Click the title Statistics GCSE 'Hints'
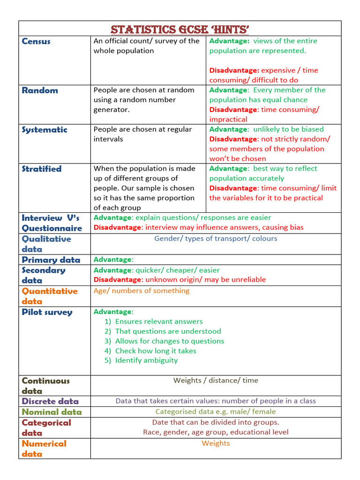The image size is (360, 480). click(x=180, y=30)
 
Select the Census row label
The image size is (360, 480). click(x=36, y=41)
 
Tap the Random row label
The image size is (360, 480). click(x=40, y=90)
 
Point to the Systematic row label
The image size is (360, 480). click(x=45, y=130)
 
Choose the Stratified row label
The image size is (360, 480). click(x=42, y=169)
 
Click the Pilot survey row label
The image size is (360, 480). click(x=47, y=312)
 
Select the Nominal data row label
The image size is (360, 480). click(x=52, y=412)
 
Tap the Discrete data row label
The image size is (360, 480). click(x=50, y=401)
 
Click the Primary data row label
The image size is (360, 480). click(x=51, y=260)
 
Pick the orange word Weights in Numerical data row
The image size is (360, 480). click(x=216, y=443)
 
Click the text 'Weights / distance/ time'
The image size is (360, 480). click(x=216, y=380)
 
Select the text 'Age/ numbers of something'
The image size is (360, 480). click(x=142, y=291)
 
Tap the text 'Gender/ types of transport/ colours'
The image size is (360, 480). click(x=216, y=239)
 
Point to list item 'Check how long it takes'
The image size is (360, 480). click(x=156, y=351)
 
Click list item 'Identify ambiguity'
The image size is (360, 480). click(x=146, y=360)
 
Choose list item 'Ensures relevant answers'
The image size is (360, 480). click(x=159, y=322)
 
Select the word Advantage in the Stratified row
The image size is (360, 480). click(x=228, y=169)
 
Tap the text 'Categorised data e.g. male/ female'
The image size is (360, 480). click(x=216, y=412)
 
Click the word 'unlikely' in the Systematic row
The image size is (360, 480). click(x=267, y=129)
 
